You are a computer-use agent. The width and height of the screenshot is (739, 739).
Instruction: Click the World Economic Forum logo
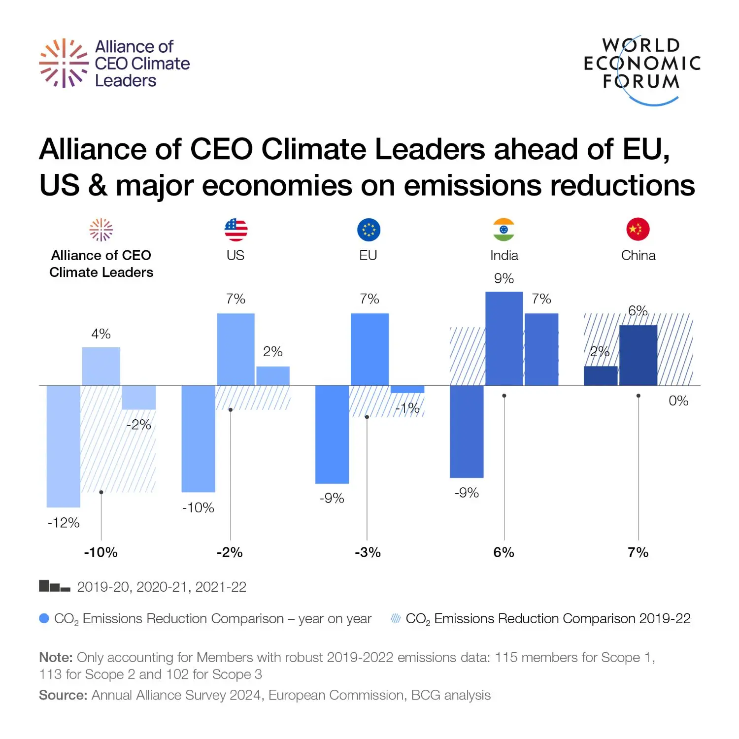point(641,69)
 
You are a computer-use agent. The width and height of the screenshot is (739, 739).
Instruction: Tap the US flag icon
point(235,230)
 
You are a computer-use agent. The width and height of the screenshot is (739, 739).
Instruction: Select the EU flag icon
point(369,230)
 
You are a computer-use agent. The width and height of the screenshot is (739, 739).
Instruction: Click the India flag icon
point(504,230)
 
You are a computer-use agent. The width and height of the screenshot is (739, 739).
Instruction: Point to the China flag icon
point(638,230)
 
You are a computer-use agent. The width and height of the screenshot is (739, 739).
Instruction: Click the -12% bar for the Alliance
point(64,446)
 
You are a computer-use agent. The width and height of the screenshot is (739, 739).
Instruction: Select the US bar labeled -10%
point(198,438)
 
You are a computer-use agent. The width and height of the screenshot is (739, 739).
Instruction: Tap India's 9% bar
point(504,338)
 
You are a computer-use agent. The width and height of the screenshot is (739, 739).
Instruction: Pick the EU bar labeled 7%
point(369,349)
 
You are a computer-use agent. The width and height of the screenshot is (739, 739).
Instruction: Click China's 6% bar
point(638,355)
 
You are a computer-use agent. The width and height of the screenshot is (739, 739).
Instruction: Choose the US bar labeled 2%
point(273,375)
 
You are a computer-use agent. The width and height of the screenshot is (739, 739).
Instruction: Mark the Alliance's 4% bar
point(101,366)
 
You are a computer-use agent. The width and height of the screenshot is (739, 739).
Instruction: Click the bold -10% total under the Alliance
point(101,552)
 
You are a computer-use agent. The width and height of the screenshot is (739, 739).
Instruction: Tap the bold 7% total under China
point(638,552)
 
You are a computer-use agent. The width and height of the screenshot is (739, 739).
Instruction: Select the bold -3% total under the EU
point(368,552)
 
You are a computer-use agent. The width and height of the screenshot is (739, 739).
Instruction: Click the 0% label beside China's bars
point(678,401)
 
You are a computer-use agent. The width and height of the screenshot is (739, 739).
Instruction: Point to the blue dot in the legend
point(44,618)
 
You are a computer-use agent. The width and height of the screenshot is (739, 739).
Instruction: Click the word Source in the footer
point(63,695)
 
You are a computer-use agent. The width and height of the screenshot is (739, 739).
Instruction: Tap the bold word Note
point(56,658)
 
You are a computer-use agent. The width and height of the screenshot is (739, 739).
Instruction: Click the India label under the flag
point(504,256)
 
